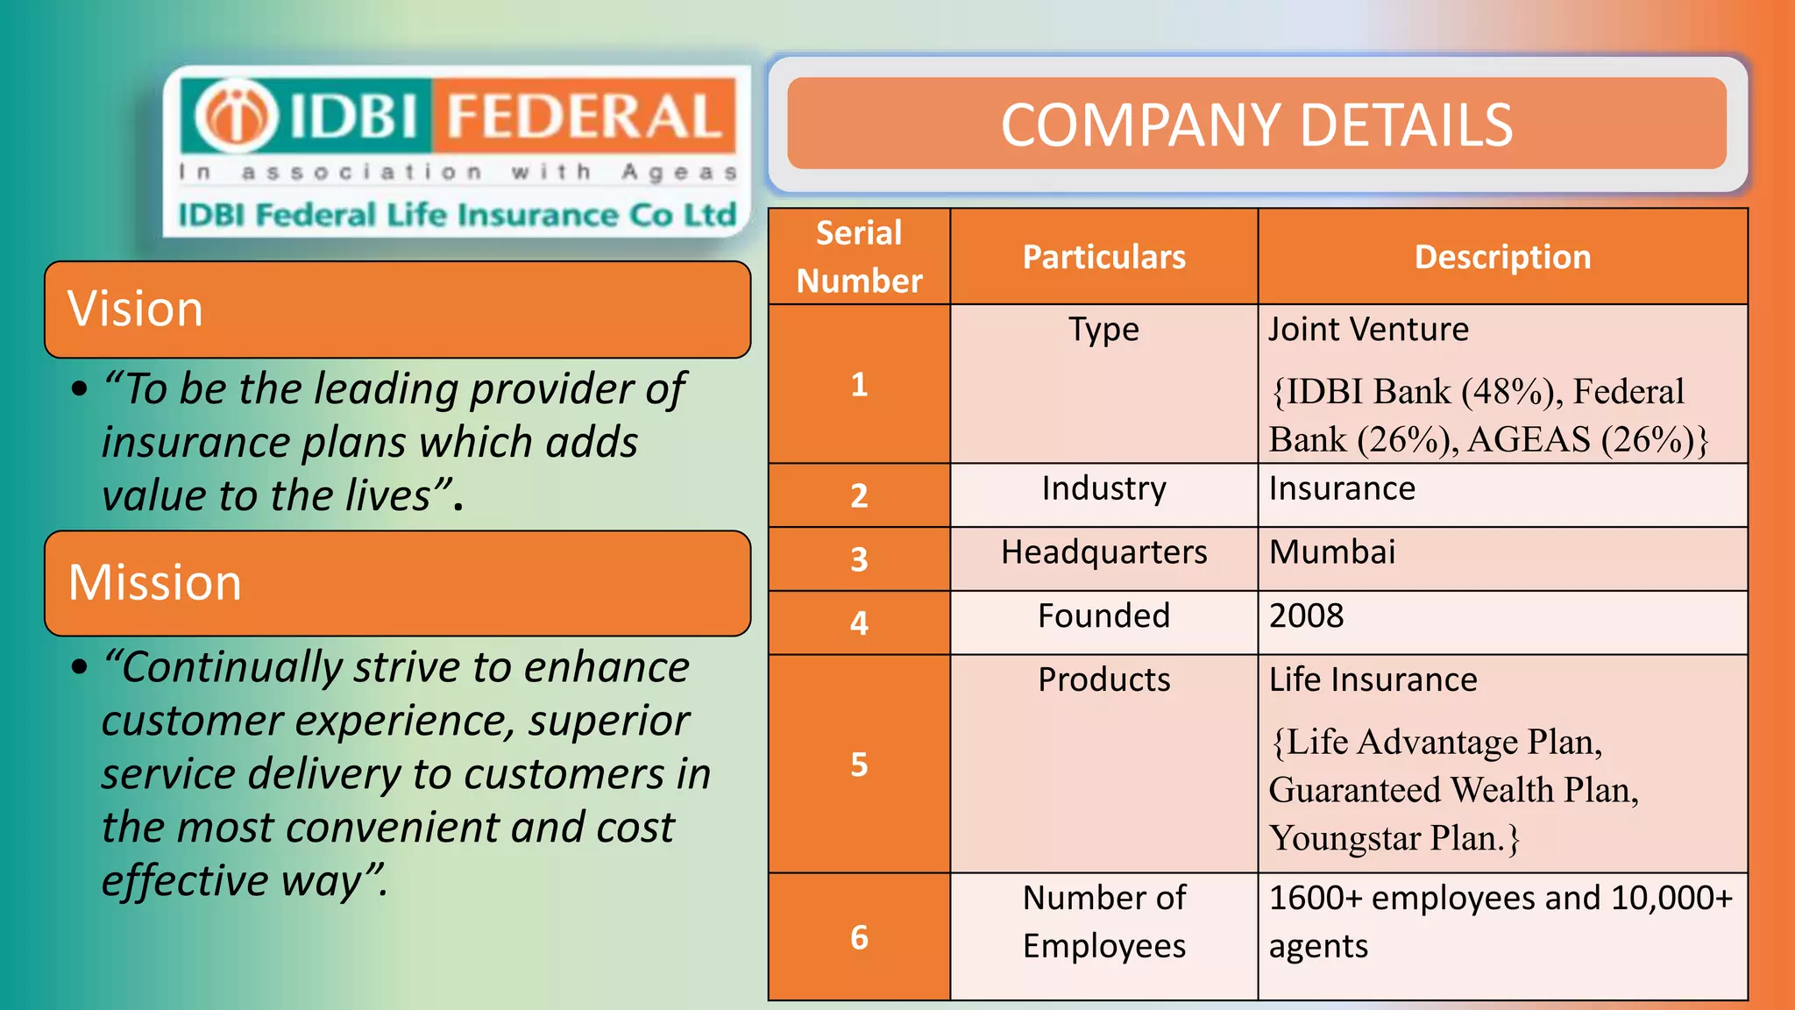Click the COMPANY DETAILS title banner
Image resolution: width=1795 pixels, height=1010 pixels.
[x=1256, y=124]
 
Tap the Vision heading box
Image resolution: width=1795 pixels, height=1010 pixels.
[x=397, y=309]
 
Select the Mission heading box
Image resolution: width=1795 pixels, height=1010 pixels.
[x=397, y=583]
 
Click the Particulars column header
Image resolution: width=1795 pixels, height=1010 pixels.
[x=1103, y=257]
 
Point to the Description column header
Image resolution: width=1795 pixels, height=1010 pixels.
[x=1502, y=257]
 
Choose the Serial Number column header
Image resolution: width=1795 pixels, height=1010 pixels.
[x=859, y=257]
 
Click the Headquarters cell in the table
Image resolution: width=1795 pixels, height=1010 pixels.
[x=1103, y=552]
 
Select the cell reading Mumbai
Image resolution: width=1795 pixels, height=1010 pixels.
[x=1332, y=552]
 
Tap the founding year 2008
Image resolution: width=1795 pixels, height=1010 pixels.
[x=1306, y=616]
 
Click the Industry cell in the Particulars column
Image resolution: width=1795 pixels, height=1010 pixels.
[x=1103, y=488]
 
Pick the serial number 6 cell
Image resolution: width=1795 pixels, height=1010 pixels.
[x=859, y=937]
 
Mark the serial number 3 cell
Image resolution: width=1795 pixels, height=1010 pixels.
[x=859, y=559]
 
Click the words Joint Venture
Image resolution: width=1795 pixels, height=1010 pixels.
[x=1368, y=330]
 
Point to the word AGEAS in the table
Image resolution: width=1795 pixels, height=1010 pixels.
[x=1529, y=440]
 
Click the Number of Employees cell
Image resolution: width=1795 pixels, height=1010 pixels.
[x=1103, y=921]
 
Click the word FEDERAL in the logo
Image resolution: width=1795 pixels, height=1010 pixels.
[x=583, y=117]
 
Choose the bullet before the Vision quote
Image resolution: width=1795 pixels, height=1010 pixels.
[x=80, y=388]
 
